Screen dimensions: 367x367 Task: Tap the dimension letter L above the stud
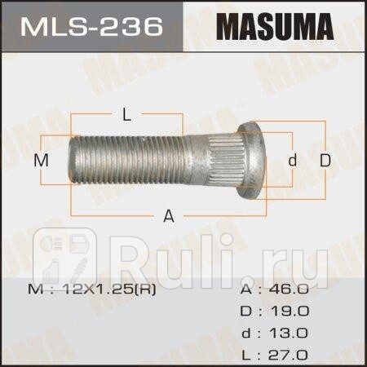pos(126,115)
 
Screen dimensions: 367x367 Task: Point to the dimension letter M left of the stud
pos(47,161)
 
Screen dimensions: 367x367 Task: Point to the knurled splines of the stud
pos(231,160)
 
